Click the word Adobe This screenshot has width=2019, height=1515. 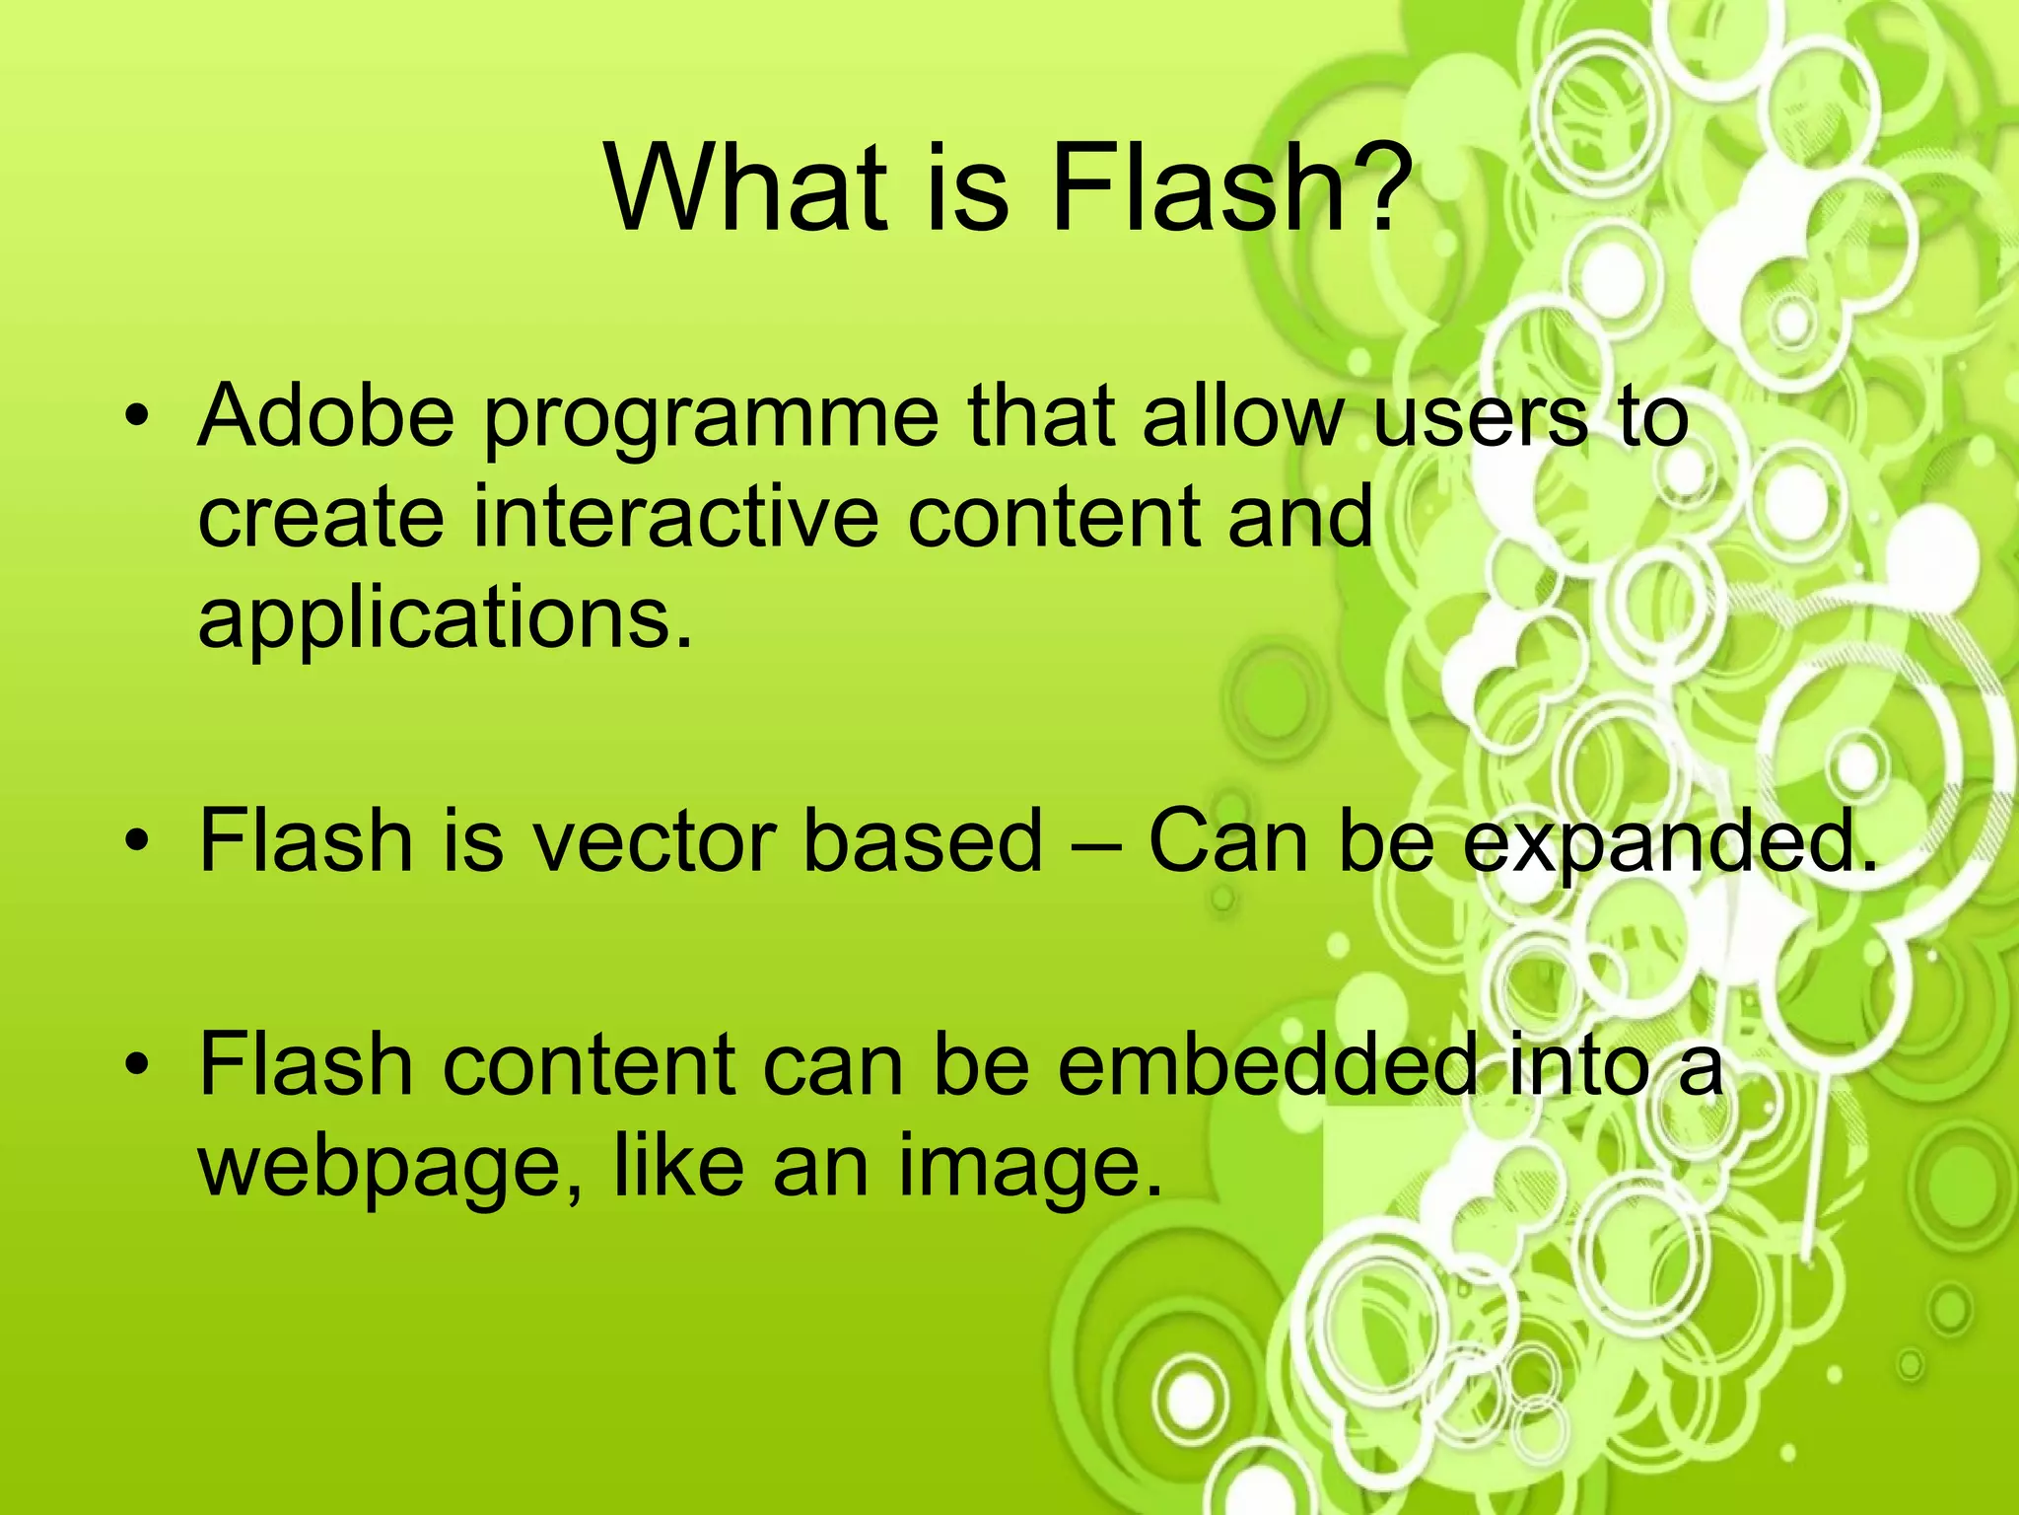tap(326, 415)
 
